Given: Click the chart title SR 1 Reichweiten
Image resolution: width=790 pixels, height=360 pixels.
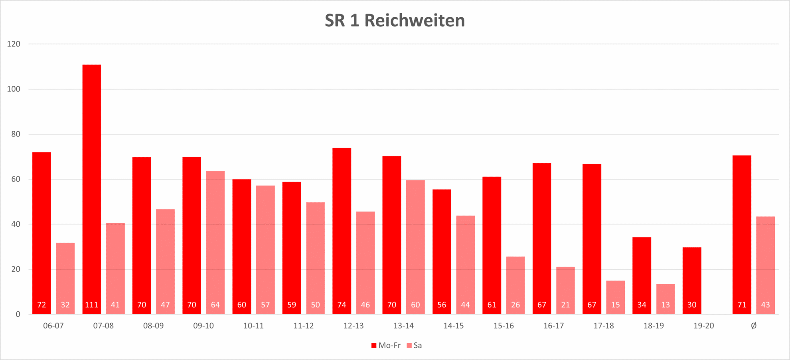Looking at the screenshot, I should click(x=395, y=21).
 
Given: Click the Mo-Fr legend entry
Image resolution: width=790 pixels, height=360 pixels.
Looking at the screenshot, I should click(x=386, y=346).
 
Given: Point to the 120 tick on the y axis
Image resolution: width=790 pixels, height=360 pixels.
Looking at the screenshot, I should click(x=14, y=44).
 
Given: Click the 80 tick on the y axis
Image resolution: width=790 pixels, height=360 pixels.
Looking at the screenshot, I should click(x=16, y=134).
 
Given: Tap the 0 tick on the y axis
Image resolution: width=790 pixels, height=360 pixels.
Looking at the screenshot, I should click(x=18, y=315).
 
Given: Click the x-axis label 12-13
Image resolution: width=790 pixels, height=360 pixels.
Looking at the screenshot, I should click(x=354, y=326).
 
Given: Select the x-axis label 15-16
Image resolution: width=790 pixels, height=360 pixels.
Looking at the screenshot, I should click(x=504, y=326).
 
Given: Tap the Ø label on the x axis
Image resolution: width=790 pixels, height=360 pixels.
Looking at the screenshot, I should click(x=754, y=326).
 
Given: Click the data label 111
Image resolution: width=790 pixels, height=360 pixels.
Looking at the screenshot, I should click(x=91, y=305).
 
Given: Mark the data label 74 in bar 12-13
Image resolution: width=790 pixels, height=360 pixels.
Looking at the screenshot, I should click(x=342, y=305).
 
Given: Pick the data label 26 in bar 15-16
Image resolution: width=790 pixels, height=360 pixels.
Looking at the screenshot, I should click(x=515, y=305).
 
